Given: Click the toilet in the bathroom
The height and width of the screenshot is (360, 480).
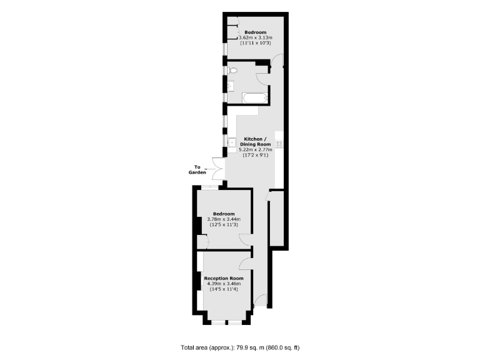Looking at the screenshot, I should coord(232,71).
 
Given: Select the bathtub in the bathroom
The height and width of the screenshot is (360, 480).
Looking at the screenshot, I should coord(254,97).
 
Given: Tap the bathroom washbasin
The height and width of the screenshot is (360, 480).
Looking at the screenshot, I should coord(231,86).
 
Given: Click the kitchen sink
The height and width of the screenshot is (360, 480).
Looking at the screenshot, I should coord(231,142).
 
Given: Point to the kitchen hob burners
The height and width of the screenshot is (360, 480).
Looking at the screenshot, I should coord(279,144).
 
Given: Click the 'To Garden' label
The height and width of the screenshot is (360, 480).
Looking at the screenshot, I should coord(197,169).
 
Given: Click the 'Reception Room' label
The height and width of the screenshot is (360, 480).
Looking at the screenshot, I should coord(224,278).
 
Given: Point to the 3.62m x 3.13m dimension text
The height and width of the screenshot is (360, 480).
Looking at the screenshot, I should coord(256,38).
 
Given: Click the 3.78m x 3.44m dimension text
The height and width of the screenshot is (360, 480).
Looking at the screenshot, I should coord(224,219).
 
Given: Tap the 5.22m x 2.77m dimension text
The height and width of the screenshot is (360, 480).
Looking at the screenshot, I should coord(255,150).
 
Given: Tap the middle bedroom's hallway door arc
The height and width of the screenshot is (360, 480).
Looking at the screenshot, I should coord(246,241).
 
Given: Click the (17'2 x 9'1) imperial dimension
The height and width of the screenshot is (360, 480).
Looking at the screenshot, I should coord(255,156).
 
